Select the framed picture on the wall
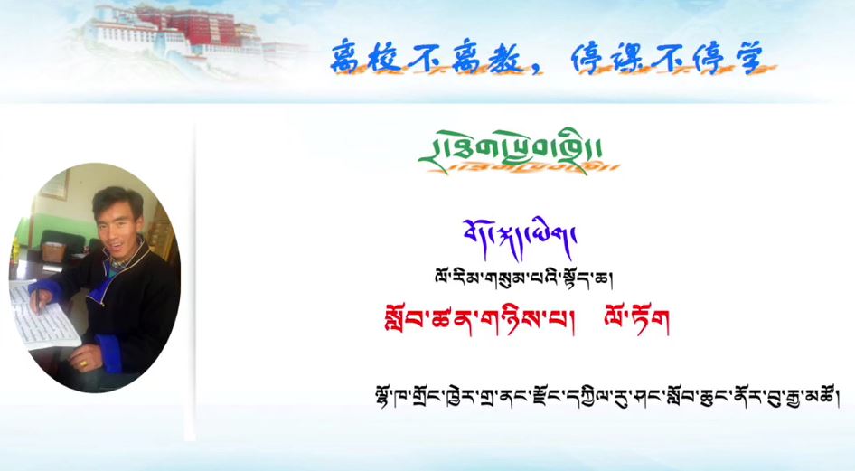point(54,184)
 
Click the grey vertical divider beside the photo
point(193,280)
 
